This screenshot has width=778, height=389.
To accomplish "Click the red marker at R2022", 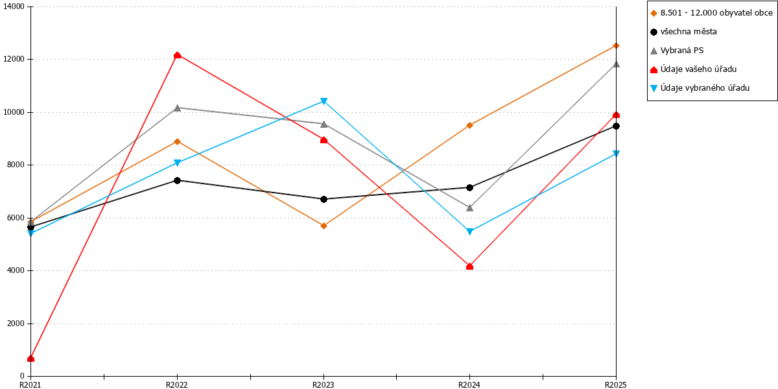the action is (x=177, y=55).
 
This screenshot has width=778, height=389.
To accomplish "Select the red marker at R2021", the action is (x=31, y=359).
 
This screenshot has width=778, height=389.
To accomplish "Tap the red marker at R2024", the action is (x=469, y=266).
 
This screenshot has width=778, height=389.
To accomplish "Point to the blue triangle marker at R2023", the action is (x=324, y=101).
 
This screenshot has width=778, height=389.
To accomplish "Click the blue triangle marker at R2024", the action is (x=469, y=231).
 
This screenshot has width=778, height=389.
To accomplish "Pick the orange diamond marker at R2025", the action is (x=616, y=45).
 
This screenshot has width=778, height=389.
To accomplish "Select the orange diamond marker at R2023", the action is (x=324, y=226).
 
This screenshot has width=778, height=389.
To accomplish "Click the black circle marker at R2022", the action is (x=177, y=180).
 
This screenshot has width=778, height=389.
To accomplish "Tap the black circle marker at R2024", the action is (x=469, y=187).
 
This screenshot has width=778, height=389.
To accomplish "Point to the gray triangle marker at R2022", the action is (x=177, y=108).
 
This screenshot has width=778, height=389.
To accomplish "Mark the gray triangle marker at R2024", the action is (x=469, y=207).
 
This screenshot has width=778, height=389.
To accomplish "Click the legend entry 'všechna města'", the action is (x=683, y=32).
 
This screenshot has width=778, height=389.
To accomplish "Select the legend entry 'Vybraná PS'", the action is (x=677, y=51).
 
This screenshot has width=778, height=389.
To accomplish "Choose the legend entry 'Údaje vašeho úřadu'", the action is (x=693, y=69).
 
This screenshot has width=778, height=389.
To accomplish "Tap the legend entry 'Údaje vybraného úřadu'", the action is (x=700, y=88).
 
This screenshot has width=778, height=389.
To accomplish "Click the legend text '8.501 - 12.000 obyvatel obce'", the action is (x=716, y=13).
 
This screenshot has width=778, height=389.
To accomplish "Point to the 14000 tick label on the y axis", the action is (x=14, y=6).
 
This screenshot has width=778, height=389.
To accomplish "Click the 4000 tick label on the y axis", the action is (x=16, y=270).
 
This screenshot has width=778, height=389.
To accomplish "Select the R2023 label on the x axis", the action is (x=324, y=384).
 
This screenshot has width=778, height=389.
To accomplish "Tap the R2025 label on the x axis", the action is (x=616, y=384).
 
